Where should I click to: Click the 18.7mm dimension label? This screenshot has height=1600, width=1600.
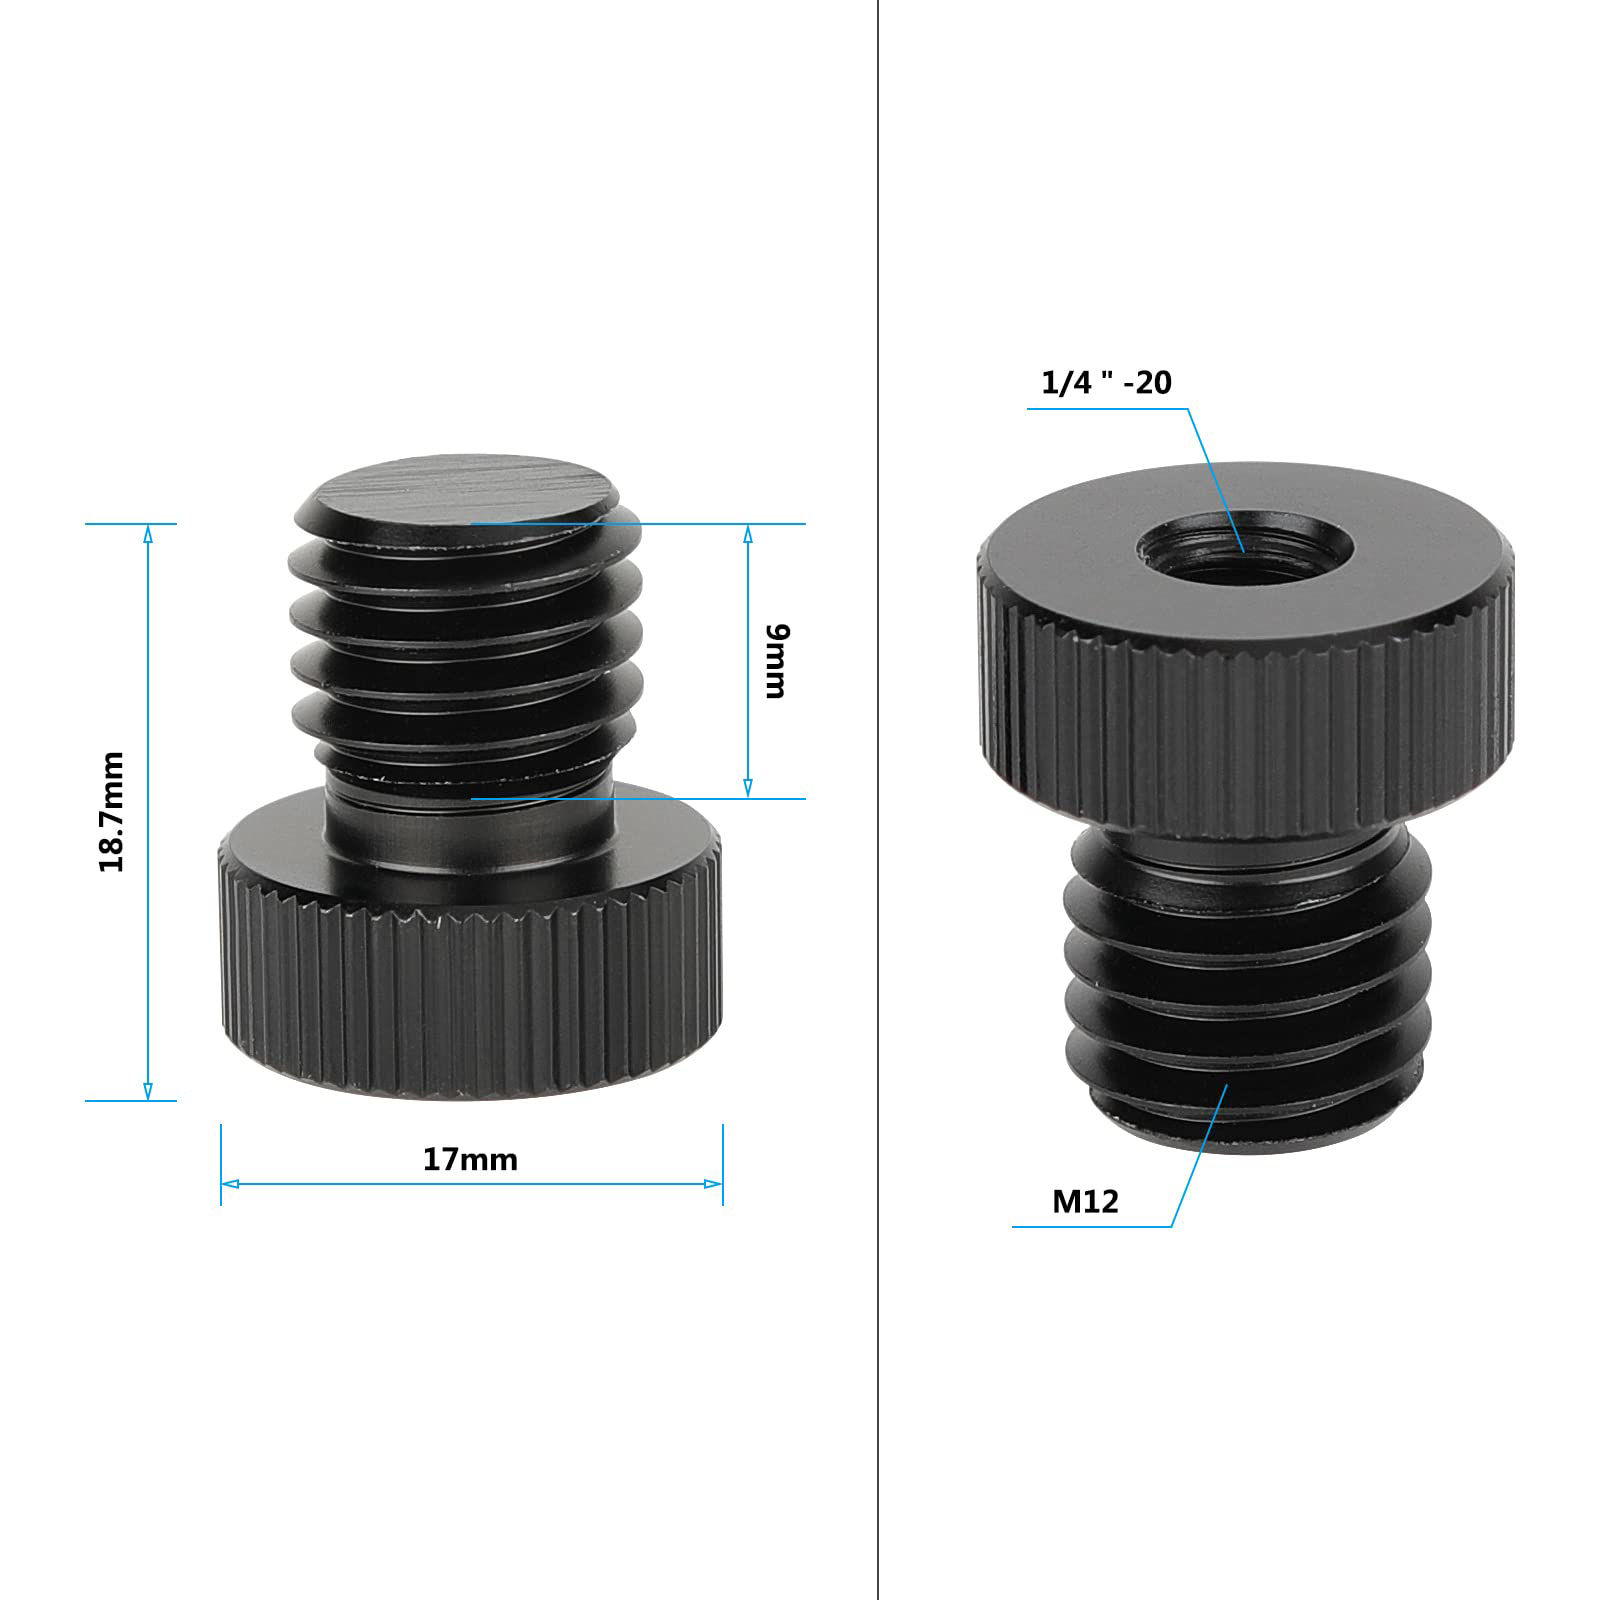(112, 811)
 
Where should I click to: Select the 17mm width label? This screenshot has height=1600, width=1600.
(470, 1160)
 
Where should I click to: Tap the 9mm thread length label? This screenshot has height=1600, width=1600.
(776, 661)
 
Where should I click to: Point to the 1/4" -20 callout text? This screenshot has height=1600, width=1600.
(1106, 383)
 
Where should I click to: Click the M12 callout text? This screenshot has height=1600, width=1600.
(1085, 1201)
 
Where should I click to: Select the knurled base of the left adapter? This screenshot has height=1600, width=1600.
(470, 990)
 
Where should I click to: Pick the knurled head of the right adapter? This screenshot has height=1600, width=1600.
(1246, 720)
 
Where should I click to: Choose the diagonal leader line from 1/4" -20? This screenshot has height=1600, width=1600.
(1216, 480)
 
